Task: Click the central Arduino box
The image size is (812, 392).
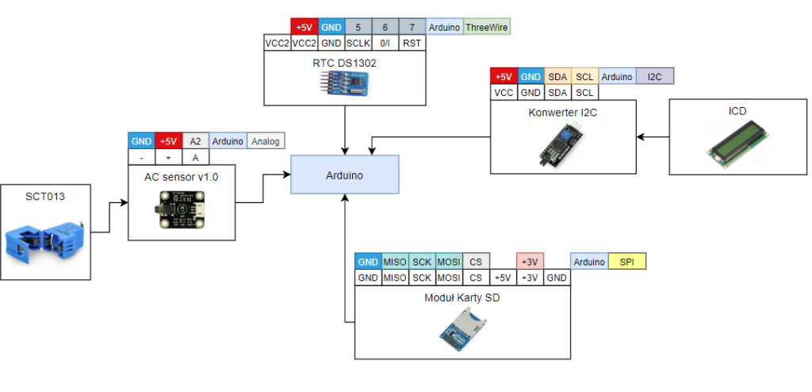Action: pyautogui.click(x=344, y=175)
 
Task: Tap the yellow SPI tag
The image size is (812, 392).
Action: pyautogui.click(x=626, y=262)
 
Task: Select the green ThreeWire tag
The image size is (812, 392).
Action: pyautogui.click(x=487, y=27)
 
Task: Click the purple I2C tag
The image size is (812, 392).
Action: pyautogui.click(x=655, y=77)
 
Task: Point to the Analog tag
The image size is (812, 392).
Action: pyautogui.click(x=266, y=141)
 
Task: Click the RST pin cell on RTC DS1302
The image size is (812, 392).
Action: pyautogui.click(x=412, y=43)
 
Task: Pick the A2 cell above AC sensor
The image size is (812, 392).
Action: pyautogui.click(x=196, y=141)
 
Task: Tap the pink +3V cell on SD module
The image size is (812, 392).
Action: pyautogui.click(x=529, y=262)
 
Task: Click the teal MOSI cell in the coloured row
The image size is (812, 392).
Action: pyautogui.click(x=449, y=262)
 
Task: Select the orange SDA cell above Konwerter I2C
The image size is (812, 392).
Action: pyautogui.click(x=557, y=77)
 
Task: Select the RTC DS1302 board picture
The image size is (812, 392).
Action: pyautogui.click(x=344, y=83)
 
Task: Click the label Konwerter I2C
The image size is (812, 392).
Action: pyautogui.click(x=562, y=113)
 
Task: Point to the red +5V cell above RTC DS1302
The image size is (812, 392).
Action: pyautogui.click(x=303, y=27)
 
